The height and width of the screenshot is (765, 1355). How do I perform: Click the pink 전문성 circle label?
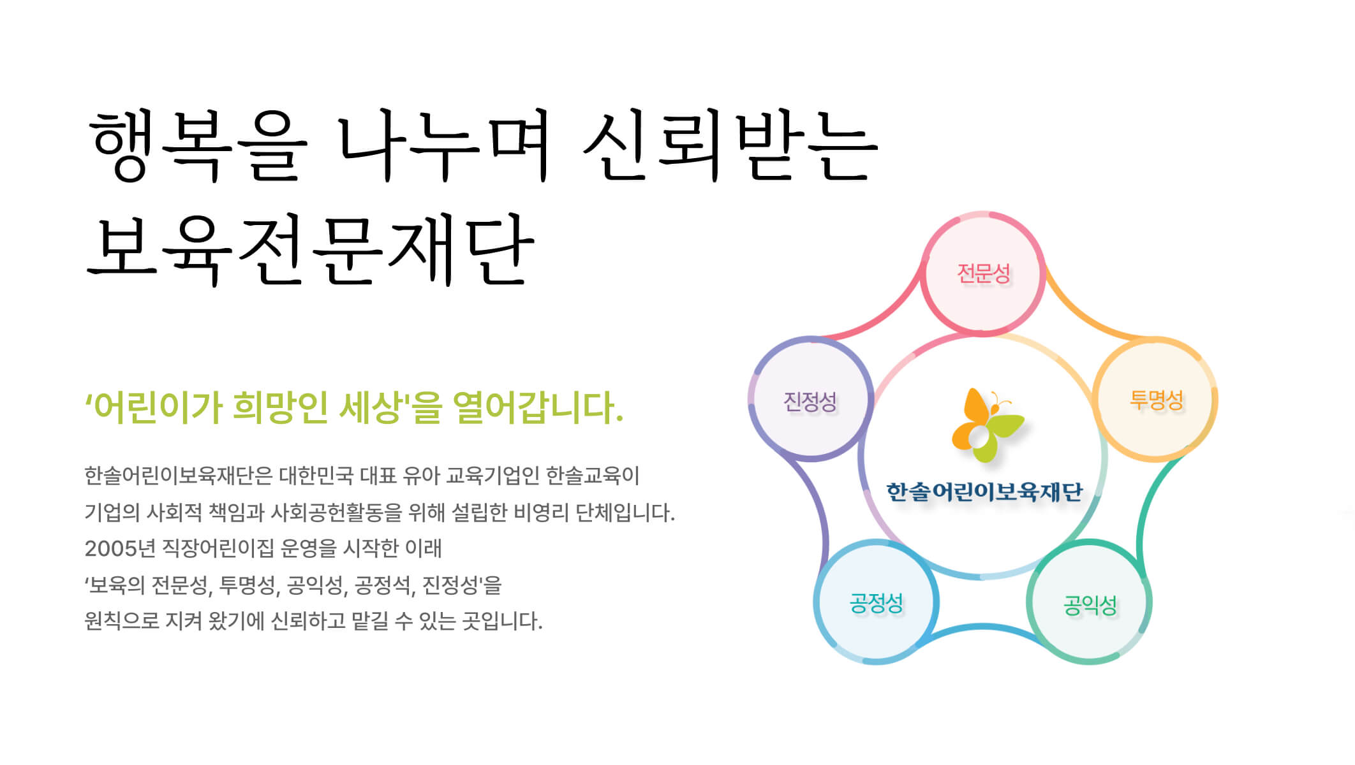point(984,273)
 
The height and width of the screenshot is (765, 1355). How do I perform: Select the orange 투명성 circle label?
point(1156,400)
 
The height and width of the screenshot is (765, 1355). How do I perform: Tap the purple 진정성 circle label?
point(810,402)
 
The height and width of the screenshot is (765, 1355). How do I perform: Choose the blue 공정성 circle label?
point(877,602)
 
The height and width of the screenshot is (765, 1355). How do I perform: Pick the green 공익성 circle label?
point(1090,605)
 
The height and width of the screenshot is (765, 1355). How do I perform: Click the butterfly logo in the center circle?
point(988,425)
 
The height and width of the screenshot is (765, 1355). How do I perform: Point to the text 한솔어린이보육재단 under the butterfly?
point(984,492)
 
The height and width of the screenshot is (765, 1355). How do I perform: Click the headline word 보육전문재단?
point(310,250)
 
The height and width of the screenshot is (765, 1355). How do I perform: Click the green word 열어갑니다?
point(538,407)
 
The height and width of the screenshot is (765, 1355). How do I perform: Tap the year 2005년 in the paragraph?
point(119,548)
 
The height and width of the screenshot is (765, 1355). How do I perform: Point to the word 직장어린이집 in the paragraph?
point(218,548)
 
